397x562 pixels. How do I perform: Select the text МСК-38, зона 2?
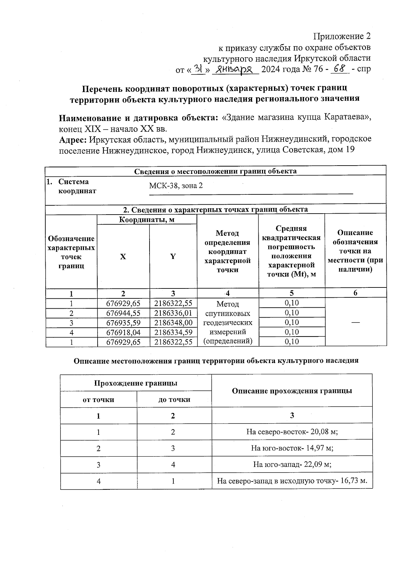point(176,185)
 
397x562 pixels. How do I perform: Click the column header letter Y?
point(173,256)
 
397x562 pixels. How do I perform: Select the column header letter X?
point(123,257)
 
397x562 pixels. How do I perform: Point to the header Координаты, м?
point(147,220)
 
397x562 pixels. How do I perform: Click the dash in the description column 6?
point(356,322)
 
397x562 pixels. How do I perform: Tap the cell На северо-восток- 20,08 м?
point(292,432)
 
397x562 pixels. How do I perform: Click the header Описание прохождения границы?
point(292,391)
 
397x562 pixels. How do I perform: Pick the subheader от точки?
point(98,399)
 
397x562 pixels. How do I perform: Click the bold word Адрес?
point(73,140)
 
